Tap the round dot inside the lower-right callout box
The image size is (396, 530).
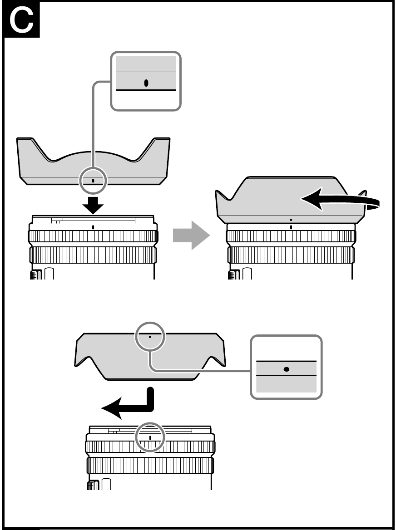click(x=286, y=369)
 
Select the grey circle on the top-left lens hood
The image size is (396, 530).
click(x=93, y=181)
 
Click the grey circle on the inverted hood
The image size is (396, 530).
click(x=150, y=337)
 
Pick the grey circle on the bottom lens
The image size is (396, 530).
click(x=150, y=437)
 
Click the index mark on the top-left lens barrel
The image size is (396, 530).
click(x=93, y=226)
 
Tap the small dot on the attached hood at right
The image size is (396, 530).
click(x=291, y=219)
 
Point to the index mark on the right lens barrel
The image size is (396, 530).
click(x=291, y=226)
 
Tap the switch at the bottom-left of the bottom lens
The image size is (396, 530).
click(x=94, y=485)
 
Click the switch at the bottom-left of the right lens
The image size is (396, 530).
click(x=234, y=274)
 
